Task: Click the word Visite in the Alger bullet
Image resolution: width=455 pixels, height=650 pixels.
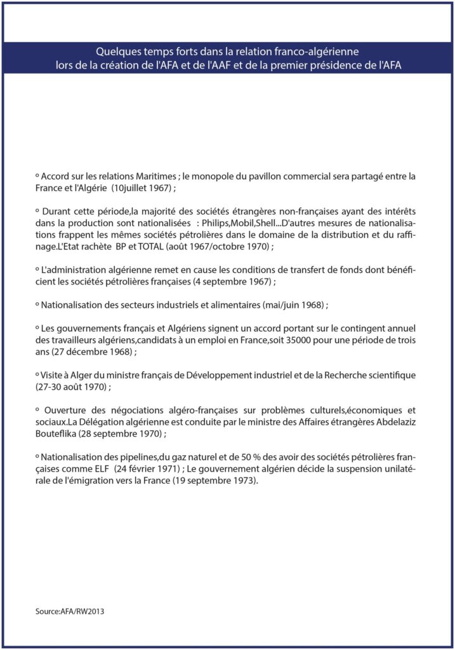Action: tap(55, 375)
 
